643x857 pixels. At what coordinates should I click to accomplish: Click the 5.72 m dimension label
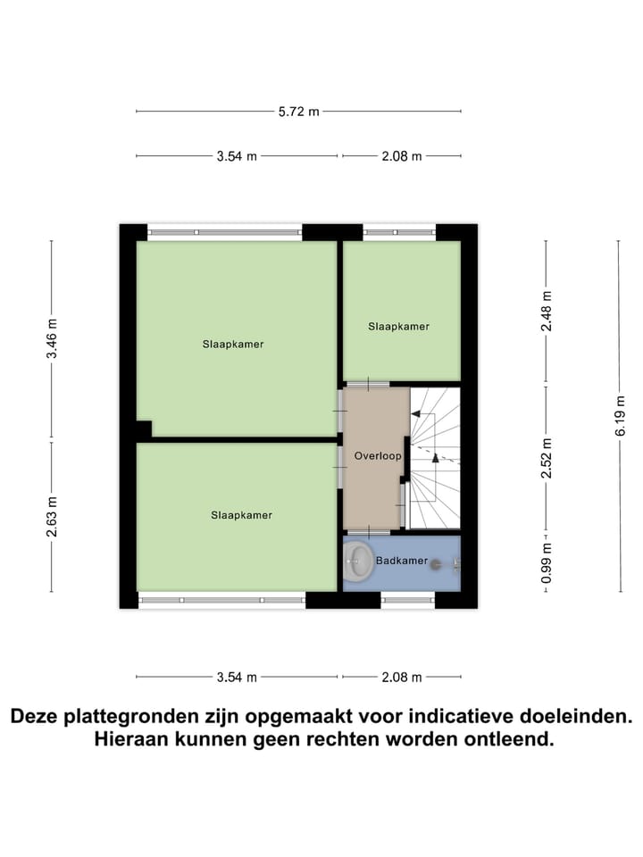[298, 112]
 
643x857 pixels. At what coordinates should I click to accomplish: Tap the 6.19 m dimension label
[620, 417]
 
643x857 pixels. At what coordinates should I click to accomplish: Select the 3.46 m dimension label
[52, 338]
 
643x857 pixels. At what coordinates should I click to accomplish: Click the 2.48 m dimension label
[547, 312]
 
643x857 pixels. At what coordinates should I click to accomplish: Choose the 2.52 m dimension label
[547, 458]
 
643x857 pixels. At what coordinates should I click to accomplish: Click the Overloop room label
[377, 455]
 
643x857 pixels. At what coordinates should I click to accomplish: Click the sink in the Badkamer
[360, 562]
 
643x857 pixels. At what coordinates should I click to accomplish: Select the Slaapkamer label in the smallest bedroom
[398, 327]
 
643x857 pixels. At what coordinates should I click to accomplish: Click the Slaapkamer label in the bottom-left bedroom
[241, 515]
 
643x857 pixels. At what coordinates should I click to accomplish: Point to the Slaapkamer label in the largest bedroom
[232, 344]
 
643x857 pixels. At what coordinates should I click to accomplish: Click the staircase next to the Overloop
[435, 457]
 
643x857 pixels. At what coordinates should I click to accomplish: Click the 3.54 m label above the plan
[237, 156]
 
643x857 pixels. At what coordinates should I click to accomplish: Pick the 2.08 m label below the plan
[401, 677]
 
